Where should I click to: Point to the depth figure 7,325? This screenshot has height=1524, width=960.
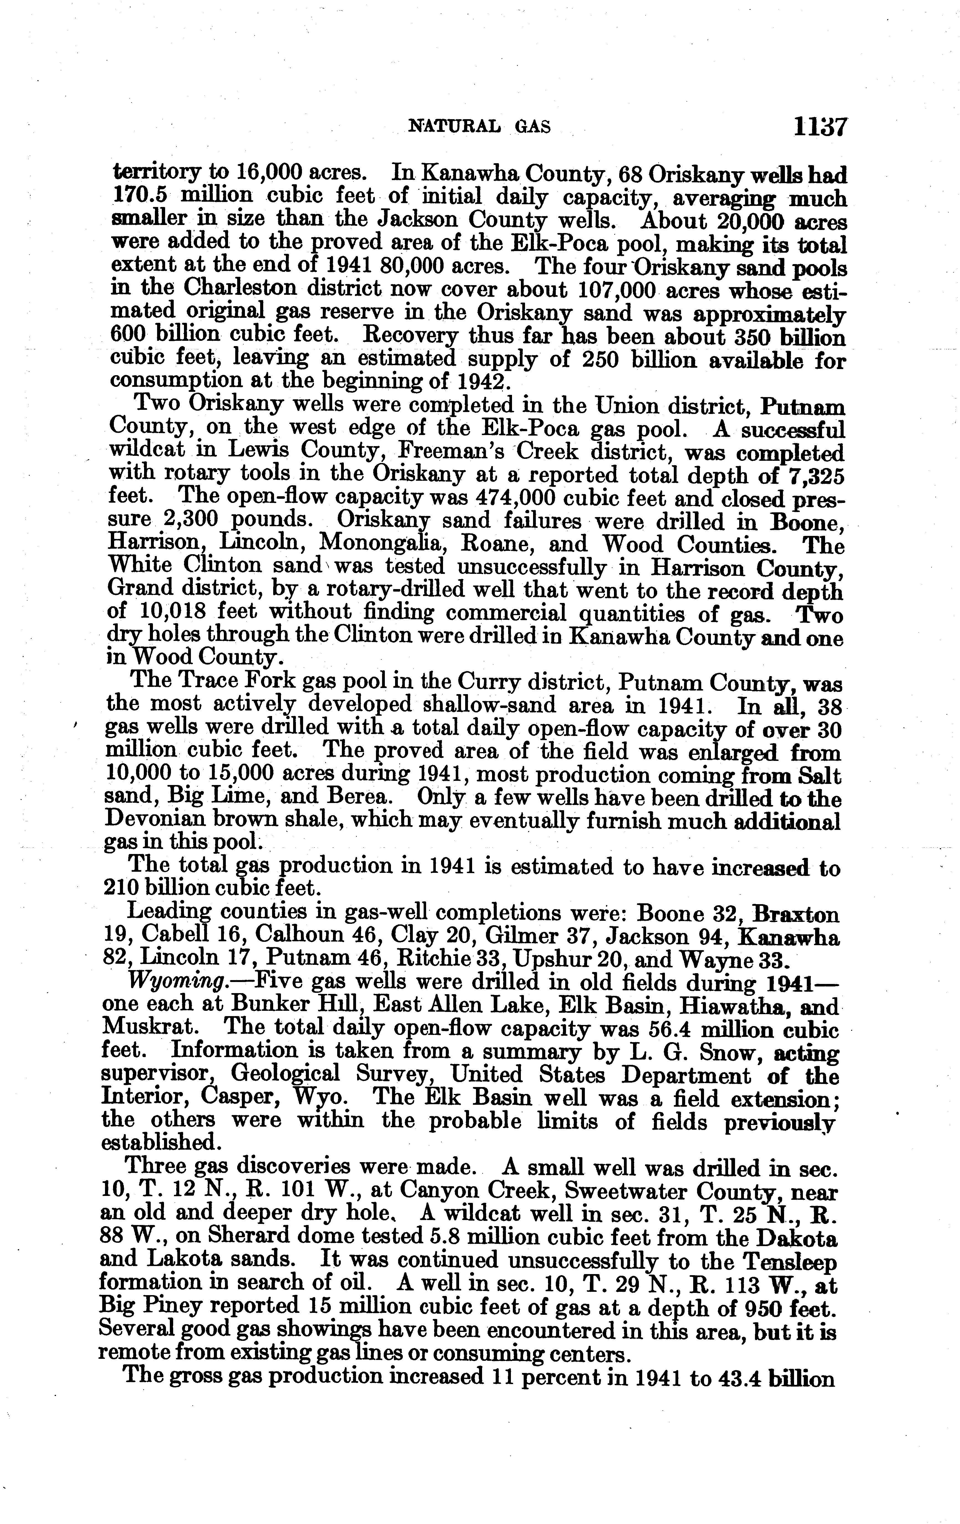tap(815, 475)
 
